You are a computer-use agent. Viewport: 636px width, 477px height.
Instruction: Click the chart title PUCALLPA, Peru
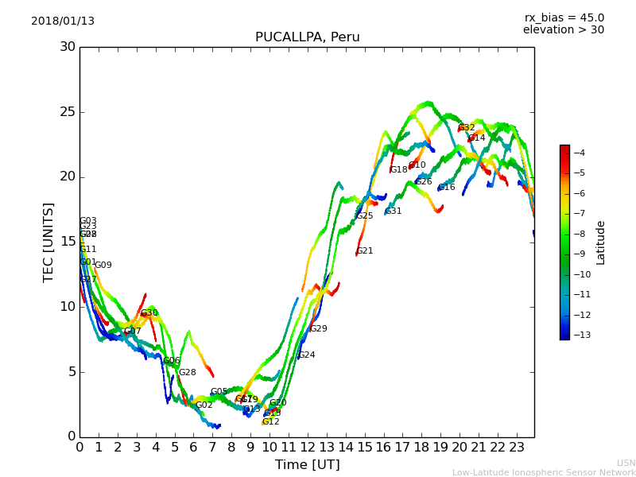tap(307, 37)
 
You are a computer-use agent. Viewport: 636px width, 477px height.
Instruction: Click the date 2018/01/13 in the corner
tap(63, 21)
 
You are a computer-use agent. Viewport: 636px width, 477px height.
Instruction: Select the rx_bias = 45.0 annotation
tap(564, 18)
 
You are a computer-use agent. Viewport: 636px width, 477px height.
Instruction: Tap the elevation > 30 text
tap(563, 30)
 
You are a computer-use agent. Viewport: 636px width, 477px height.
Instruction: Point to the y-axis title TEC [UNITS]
tap(49, 242)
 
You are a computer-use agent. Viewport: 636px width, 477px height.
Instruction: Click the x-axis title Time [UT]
tap(307, 464)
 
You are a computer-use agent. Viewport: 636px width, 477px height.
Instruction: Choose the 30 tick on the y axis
tap(68, 47)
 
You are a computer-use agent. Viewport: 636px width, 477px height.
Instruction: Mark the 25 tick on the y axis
tap(68, 112)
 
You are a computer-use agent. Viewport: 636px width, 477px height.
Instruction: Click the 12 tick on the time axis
tap(308, 447)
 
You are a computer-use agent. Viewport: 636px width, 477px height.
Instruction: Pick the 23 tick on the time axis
tap(516, 447)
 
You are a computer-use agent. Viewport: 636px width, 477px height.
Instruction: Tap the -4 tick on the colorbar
tap(580, 153)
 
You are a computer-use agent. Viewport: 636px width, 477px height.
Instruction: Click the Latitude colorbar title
tap(601, 242)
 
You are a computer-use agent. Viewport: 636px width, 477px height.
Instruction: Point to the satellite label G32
tap(467, 128)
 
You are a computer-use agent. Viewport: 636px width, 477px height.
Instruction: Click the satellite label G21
tap(365, 251)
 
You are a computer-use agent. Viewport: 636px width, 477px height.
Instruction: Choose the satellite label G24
tap(307, 355)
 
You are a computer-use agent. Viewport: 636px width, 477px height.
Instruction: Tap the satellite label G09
tap(103, 266)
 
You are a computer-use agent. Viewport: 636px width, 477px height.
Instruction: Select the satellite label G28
tap(187, 373)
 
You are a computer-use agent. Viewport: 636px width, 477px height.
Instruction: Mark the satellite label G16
tap(447, 188)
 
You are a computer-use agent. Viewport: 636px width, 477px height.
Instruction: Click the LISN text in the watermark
tap(626, 463)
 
